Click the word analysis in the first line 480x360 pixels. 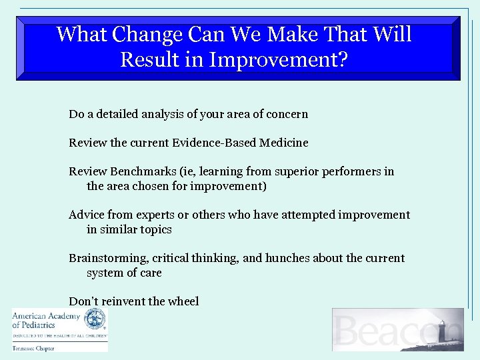point(161,114)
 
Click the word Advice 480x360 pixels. point(85,215)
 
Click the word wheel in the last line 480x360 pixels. point(184,301)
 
